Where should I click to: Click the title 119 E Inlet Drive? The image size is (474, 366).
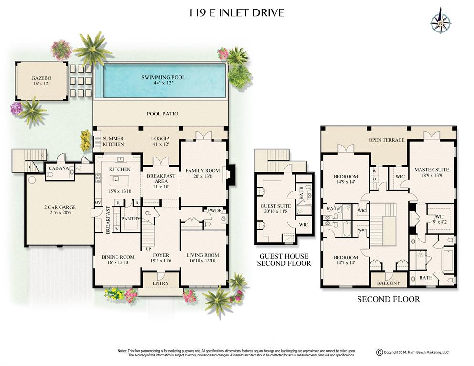[x=236, y=12]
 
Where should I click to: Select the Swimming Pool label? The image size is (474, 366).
[x=163, y=77]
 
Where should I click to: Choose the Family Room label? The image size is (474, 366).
[x=203, y=170]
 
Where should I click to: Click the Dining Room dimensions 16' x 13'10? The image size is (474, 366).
[x=118, y=263]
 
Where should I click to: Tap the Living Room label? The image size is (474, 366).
[x=202, y=255]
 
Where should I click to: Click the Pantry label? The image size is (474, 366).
[x=131, y=219]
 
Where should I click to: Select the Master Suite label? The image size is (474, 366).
[x=432, y=170]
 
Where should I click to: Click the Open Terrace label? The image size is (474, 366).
[x=386, y=140]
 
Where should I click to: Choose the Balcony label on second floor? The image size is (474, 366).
[x=389, y=283]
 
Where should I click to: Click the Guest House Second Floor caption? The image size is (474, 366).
[x=284, y=260]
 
